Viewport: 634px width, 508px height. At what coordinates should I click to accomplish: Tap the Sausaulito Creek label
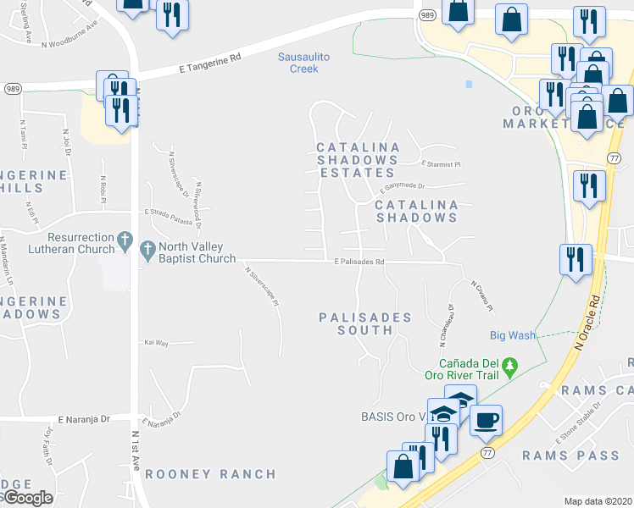pos(298,63)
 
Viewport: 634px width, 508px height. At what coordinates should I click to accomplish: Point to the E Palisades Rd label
pos(359,262)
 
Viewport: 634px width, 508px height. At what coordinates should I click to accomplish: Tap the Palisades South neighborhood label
pos(364,323)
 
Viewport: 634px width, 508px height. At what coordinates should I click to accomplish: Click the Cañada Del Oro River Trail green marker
pos(509,367)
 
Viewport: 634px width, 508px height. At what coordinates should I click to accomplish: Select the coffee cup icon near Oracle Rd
pos(486,421)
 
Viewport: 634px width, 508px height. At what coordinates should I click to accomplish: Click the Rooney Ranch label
pos(210,474)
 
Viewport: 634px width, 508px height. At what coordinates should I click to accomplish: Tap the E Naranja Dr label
pos(85,418)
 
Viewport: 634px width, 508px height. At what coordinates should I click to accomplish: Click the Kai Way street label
pos(157,343)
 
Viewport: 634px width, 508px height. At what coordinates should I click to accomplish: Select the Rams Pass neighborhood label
pos(570,456)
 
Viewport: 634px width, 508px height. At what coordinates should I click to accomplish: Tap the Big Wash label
pos(512,335)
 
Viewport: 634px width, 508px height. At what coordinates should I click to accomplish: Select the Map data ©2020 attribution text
pos(597,501)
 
